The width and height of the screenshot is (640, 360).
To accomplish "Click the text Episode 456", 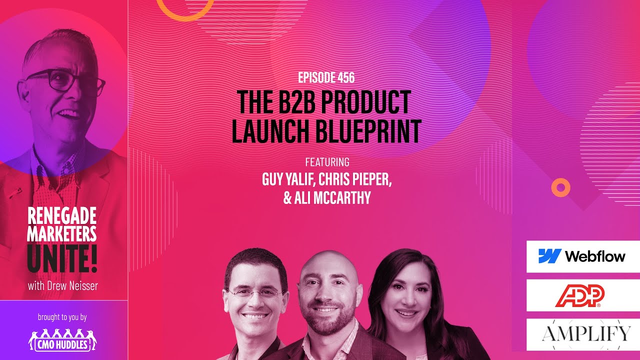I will tap(326, 77).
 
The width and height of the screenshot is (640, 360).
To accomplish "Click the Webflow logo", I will tap(582, 256).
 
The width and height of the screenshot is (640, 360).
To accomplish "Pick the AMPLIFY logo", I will tap(582, 333).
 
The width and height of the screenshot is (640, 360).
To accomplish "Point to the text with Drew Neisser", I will tap(62, 286).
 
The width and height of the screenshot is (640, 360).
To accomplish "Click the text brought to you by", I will tap(62, 317).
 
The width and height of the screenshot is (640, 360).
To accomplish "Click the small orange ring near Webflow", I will tap(560, 187).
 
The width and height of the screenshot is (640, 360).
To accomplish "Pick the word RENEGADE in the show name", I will tap(62, 216).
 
